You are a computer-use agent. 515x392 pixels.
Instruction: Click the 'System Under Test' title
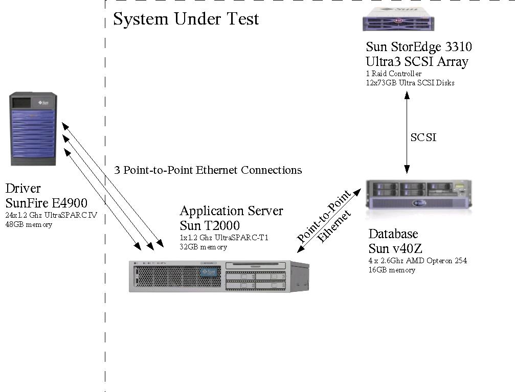pyautogui.click(x=186, y=19)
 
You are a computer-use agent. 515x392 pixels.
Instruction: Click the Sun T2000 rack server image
pyautogui.click(x=218, y=276)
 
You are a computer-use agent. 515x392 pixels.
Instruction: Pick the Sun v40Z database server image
pyautogui.click(x=419, y=194)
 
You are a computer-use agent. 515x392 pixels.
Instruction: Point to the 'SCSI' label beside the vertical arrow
pyautogui.click(x=423, y=137)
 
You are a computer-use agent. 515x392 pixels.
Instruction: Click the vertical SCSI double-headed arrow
pyautogui.click(x=407, y=133)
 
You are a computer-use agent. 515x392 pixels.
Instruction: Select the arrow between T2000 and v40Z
pyautogui.click(x=328, y=221)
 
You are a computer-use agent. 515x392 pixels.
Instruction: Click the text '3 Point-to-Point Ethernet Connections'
pyautogui.click(x=208, y=170)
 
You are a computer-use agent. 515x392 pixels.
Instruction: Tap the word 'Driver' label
pyautogui.click(x=23, y=188)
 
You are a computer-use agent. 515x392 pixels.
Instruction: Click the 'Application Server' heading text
pyautogui.click(x=231, y=211)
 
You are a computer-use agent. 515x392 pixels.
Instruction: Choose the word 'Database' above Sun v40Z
pyautogui.click(x=393, y=234)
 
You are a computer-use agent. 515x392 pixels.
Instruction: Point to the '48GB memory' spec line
pyautogui.click(x=29, y=224)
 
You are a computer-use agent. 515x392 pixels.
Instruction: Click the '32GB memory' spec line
pyautogui.click(x=203, y=247)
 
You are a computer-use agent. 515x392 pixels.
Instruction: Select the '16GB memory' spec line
pyautogui.click(x=392, y=270)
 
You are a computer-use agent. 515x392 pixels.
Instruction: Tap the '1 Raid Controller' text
pyautogui.click(x=393, y=74)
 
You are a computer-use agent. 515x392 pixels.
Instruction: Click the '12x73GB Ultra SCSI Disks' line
pyautogui.click(x=410, y=82)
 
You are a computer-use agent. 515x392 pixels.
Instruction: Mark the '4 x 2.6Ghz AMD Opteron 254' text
pyautogui.click(x=417, y=261)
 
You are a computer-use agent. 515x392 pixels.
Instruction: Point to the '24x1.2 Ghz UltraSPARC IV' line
pyautogui.click(x=51, y=215)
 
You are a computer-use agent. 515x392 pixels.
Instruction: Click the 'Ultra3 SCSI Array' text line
pyautogui.click(x=417, y=62)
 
